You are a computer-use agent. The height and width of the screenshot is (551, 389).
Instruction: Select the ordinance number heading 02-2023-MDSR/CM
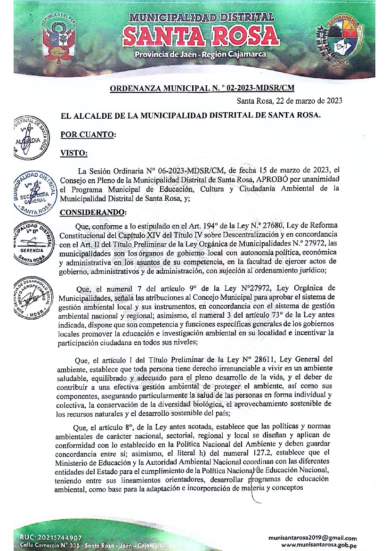(x=203, y=88)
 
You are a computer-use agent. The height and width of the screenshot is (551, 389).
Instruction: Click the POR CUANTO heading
(x=88, y=134)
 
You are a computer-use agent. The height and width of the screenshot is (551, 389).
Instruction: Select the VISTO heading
(x=73, y=153)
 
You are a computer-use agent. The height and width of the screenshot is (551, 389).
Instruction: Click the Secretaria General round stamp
(x=33, y=192)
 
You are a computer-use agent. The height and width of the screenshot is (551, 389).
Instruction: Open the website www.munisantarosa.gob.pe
(x=318, y=545)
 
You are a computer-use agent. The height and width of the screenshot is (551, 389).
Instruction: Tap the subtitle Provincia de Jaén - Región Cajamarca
(x=200, y=55)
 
